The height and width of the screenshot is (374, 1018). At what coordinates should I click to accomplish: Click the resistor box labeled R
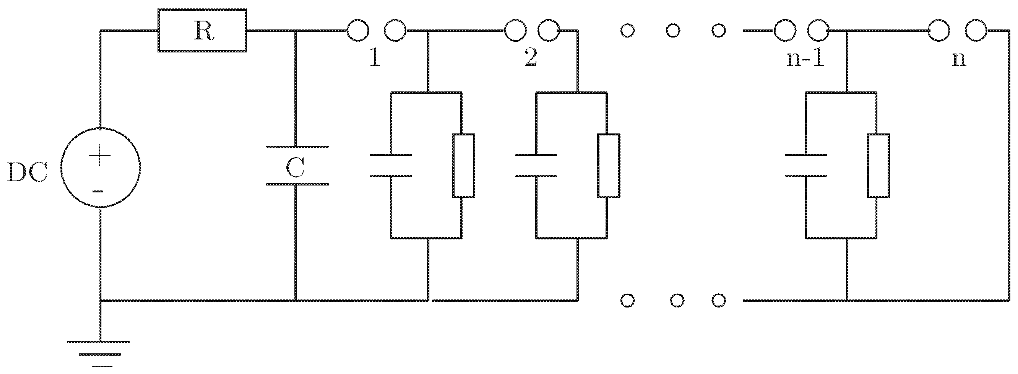click(x=202, y=30)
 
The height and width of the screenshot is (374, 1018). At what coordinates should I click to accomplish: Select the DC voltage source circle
click(x=100, y=167)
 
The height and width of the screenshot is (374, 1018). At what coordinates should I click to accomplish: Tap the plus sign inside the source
click(x=100, y=155)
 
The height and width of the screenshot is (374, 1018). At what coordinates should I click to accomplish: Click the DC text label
click(x=27, y=173)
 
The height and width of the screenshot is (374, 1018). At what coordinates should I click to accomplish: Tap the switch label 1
click(x=374, y=58)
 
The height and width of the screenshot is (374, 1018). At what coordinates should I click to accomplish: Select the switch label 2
click(x=531, y=58)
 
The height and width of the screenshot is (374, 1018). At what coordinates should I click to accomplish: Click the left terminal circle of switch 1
click(x=358, y=30)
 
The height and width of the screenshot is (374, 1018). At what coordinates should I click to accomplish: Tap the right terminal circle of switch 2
click(x=549, y=30)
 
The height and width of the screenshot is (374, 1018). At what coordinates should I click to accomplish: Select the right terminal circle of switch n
click(x=976, y=30)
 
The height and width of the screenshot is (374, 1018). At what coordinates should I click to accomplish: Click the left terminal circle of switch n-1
click(x=784, y=30)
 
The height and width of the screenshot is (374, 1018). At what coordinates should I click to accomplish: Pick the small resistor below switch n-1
click(x=878, y=165)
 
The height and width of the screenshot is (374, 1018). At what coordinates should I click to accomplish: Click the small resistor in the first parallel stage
click(x=464, y=165)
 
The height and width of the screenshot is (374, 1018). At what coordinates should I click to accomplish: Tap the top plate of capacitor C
click(x=297, y=147)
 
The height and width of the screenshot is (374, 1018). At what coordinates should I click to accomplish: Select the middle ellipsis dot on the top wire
click(x=673, y=30)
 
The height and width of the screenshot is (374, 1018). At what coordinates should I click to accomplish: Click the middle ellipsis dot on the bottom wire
click(x=677, y=301)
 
